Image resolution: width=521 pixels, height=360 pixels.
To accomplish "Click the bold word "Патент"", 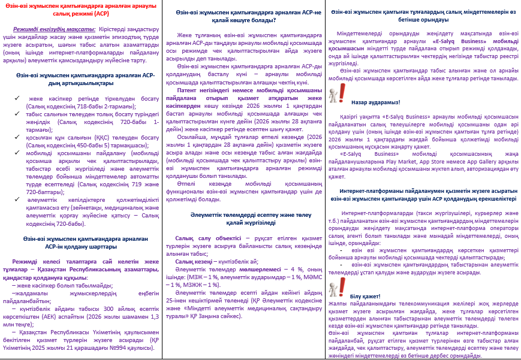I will tap(188, 89).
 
